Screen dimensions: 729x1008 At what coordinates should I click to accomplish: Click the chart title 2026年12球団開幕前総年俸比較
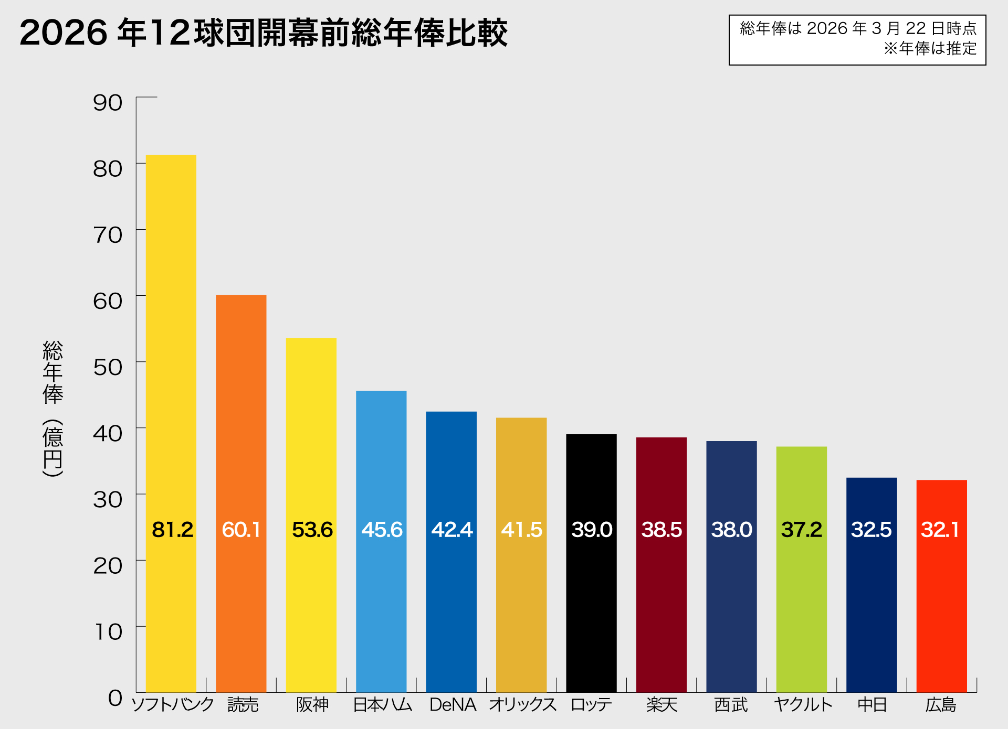[264, 33]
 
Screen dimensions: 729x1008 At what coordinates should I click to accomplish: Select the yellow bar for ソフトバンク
[171, 367]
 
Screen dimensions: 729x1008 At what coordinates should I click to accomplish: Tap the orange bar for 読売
[241, 420]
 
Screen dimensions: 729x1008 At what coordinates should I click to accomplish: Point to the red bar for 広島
[941, 603]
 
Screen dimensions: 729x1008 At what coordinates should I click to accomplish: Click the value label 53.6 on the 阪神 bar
[312, 530]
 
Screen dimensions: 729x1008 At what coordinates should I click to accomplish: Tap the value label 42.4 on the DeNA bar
[451, 530]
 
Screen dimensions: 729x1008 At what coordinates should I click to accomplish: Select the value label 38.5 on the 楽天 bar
[661, 530]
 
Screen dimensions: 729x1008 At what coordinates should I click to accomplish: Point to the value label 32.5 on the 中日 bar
[871, 530]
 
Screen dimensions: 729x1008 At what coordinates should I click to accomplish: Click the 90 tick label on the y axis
[108, 103]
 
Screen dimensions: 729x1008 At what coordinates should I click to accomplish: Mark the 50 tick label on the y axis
[108, 367]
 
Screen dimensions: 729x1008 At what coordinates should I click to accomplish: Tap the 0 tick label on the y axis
[115, 698]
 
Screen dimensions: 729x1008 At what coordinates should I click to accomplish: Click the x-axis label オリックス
[522, 704]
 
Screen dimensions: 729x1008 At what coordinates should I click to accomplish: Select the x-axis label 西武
[731, 704]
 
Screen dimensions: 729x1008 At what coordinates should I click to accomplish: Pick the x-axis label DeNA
[453, 704]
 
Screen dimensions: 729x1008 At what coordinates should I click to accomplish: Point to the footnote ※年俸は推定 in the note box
[930, 49]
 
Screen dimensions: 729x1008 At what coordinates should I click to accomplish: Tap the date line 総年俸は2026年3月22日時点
[858, 28]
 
